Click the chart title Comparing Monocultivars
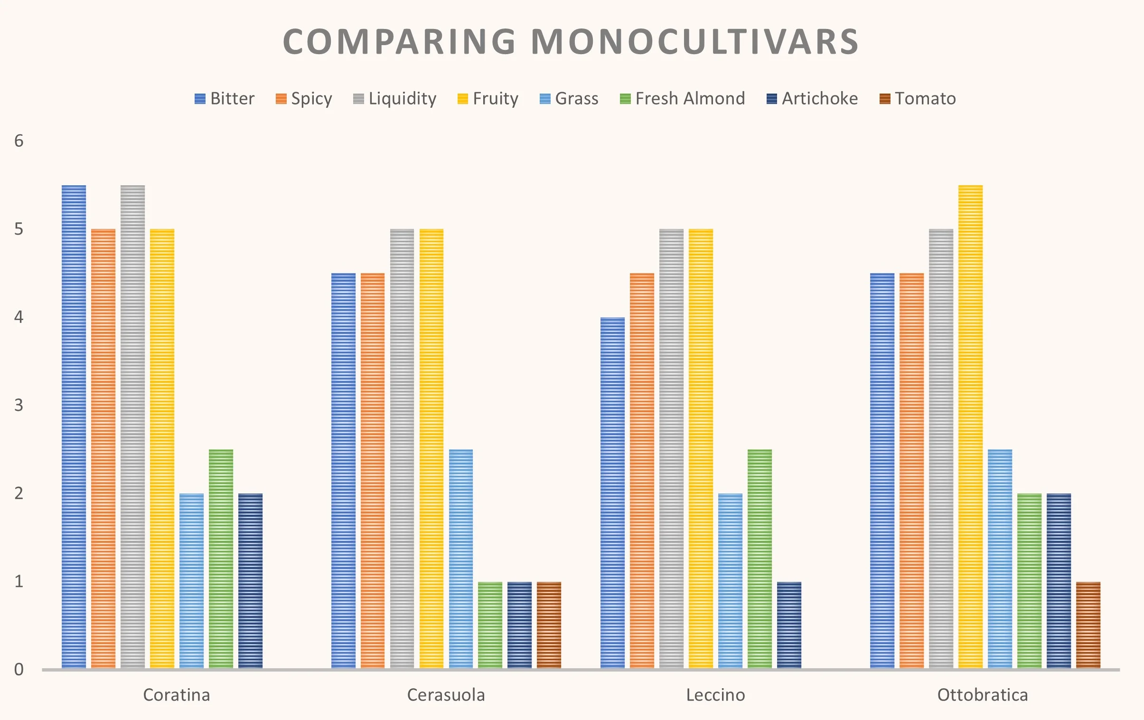pyautogui.click(x=571, y=42)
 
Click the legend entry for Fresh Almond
pyautogui.click(x=682, y=98)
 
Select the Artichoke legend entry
pyautogui.click(x=812, y=98)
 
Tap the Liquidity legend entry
pyautogui.click(x=395, y=98)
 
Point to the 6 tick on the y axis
pyautogui.click(x=19, y=141)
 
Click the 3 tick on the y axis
pyautogui.click(x=19, y=405)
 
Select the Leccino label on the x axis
pyautogui.click(x=715, y=695)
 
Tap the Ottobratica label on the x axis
pyautogui.click(x=983, y=695)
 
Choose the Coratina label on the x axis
pyautogui.click(x=176, y=695)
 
